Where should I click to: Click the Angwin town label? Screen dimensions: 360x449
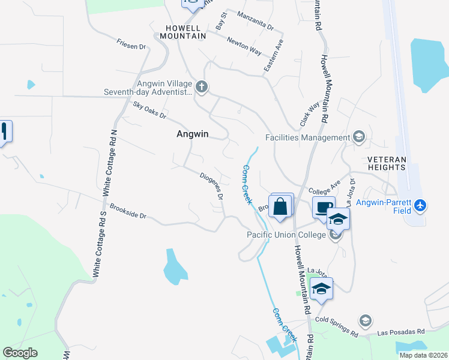pos(192,134)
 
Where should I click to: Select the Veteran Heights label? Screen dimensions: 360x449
pos(387,163)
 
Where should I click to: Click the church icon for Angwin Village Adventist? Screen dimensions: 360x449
pos(202,88)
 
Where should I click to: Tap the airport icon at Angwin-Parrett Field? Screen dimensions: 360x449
pos(420,206)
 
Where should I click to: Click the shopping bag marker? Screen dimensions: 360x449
pos(280,208)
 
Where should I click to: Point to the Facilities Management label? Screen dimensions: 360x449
pos(306,137)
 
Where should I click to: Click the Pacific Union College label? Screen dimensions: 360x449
pos(287,234)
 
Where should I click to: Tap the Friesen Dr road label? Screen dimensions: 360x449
pos(131,45)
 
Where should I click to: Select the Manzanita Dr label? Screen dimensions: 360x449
pos(255,21)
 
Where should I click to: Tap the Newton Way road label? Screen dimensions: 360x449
pos(244,46)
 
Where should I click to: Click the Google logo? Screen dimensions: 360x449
pos(20,353)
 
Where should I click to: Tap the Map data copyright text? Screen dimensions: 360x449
pos(423,355)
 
